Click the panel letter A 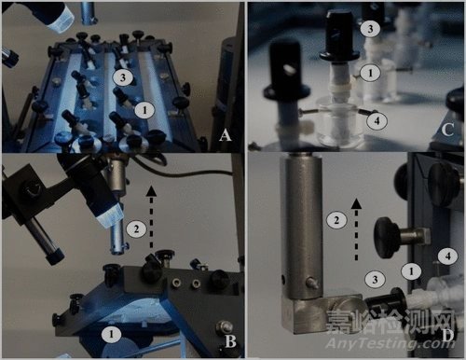click(x=226, y=135)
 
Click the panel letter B click(x=230, y=342)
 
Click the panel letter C click(x=447, y=130)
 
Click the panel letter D click(x=448, y=336)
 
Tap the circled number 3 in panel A click(x=123, y=76)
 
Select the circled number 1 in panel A click(x=144, y=110)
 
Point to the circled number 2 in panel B click(x=136, y=229)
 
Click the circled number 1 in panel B click(x=111, y=334)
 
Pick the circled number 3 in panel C click(x=370, y=29)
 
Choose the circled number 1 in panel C click(x=370, y=73)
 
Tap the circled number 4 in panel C click(x=377, y=121)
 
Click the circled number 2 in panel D click(x=336, y=220)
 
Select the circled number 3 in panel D click(x=375, y=279)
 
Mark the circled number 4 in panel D click(x=447, y=256)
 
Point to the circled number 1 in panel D click(x=411, y=271)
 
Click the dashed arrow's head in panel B click(x=151, y=190)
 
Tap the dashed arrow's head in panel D click(x=356, y=204)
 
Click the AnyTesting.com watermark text click(x=390, y=343)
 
